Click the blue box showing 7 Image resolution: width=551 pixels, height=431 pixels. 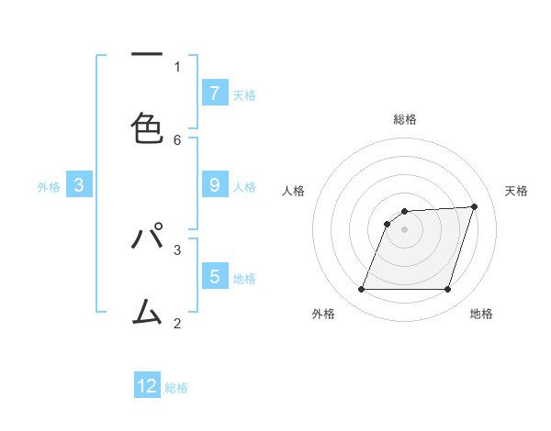point(214,93)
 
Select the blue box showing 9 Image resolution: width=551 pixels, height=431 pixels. point(214,185)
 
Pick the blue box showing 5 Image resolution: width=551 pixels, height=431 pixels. point(214,276)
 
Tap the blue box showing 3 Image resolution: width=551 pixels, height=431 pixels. point(79,185)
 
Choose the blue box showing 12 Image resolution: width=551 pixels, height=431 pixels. point(147,386)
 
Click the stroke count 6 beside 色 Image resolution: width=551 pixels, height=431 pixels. point(177,139)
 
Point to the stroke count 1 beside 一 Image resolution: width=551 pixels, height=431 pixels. point(177,66)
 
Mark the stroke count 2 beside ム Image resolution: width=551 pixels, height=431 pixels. point(177,323)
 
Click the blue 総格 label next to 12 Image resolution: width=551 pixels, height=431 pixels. point(176,388)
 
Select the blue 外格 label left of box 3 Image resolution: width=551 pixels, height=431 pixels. point(49,187)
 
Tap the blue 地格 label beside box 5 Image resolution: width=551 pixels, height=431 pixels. point(244,279)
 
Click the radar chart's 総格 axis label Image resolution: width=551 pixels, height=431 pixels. point(404,119)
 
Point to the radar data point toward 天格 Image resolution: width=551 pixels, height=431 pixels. point(475,206)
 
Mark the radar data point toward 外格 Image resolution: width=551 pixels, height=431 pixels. point(361,290)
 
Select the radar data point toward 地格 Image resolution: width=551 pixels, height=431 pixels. point(447,290)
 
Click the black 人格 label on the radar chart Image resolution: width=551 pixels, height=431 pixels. point(293,191)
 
